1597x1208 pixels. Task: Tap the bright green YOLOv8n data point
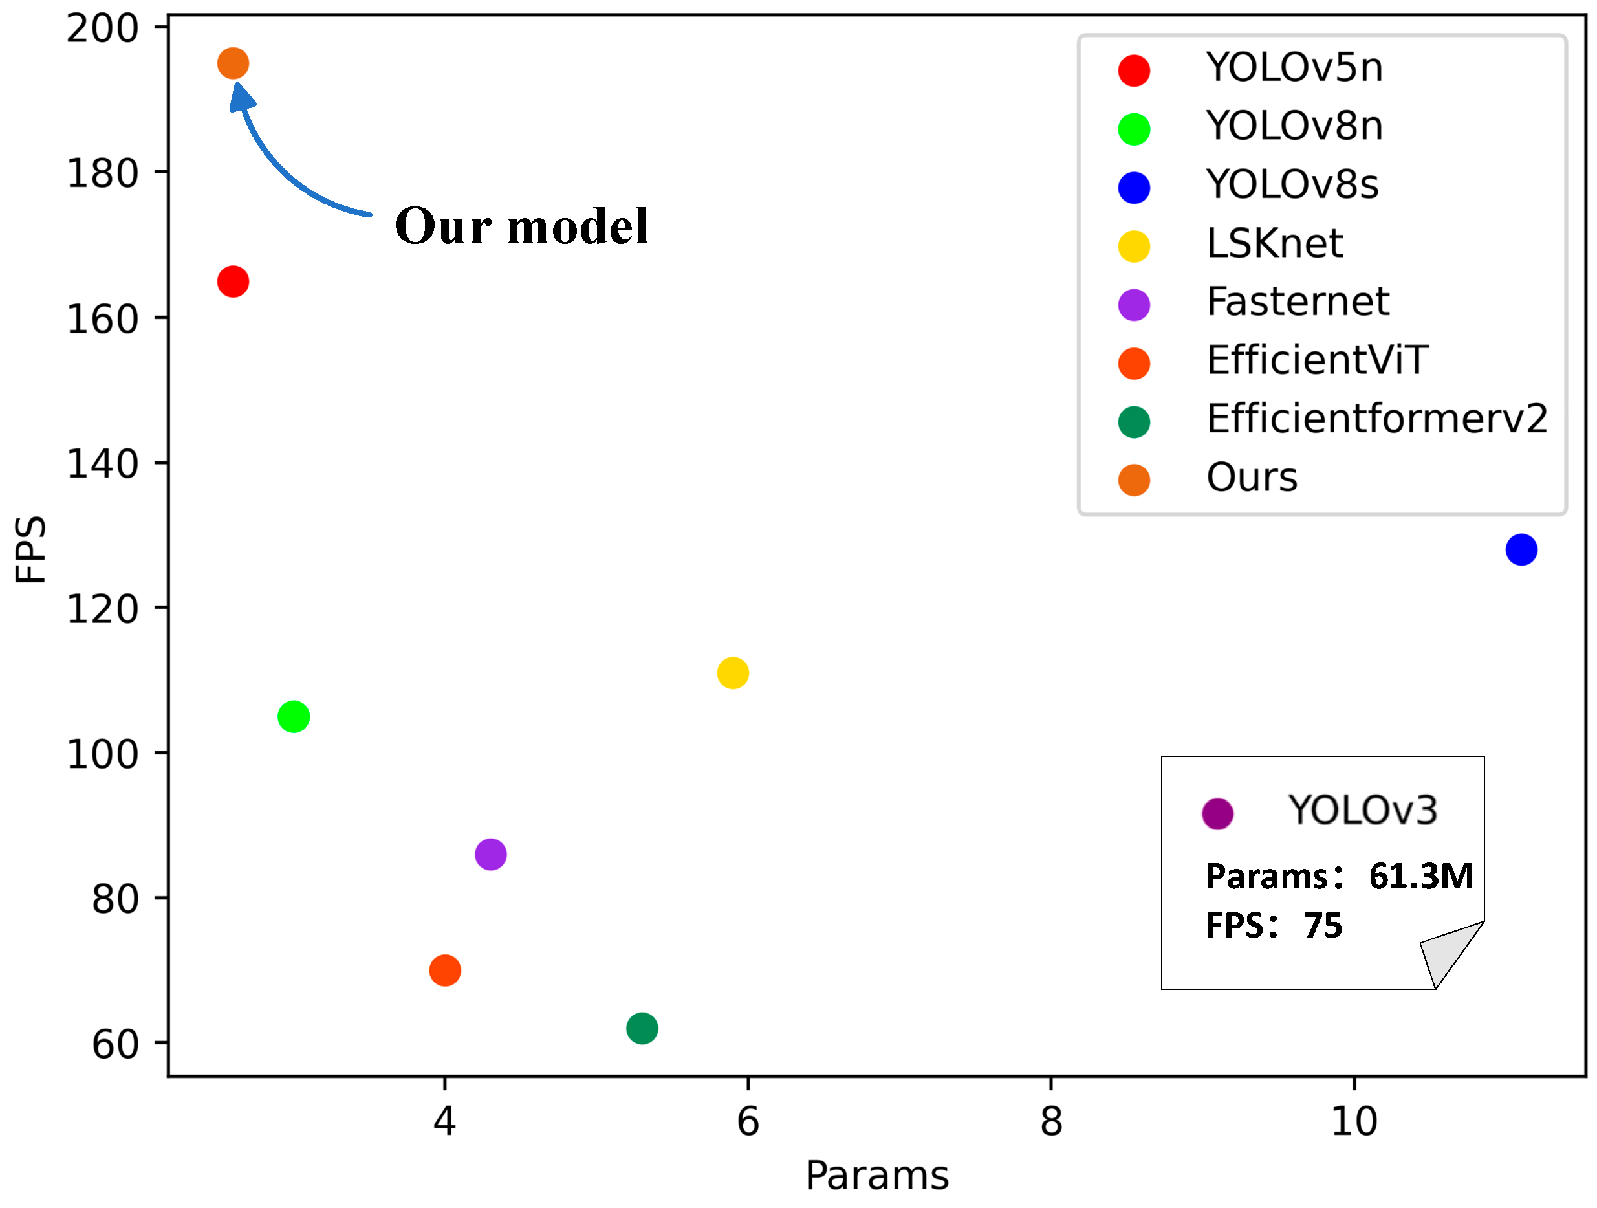(x=294, y=717)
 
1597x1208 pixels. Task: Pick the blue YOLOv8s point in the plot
(x=1521, y=550)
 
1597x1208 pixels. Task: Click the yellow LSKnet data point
(x=733, y=674)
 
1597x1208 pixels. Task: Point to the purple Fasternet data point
(x=491, y=855)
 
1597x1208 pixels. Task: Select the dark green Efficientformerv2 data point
(x=642, y=1028)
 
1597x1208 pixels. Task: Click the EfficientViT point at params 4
(x=445, y=971)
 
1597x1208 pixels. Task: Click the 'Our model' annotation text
(x=521, y=226)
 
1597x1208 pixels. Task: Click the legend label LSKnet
(x=1274, y=243)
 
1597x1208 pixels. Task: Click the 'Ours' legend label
(x=1252, y=478)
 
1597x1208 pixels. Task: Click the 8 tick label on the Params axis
(x=1051, y=1122)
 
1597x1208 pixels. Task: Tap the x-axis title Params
(x=876, y=1176)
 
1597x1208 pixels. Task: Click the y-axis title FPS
(x=31, y=549)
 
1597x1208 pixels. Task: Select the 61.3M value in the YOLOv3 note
(x=1420, y=877)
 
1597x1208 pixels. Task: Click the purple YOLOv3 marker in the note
(x=1217, y=815)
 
